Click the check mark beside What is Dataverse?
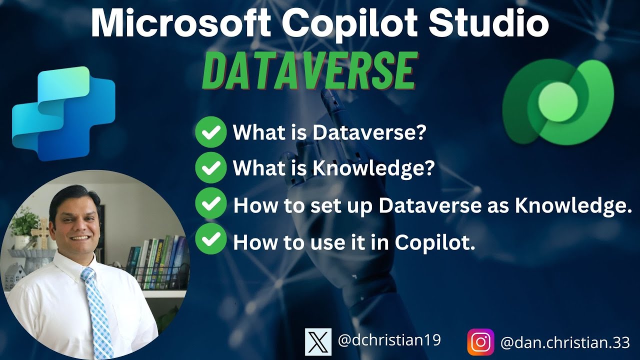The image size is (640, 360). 210,132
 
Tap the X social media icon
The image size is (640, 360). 318,342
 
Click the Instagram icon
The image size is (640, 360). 480,342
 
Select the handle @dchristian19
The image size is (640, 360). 389,341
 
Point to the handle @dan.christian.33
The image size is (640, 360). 565,342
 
